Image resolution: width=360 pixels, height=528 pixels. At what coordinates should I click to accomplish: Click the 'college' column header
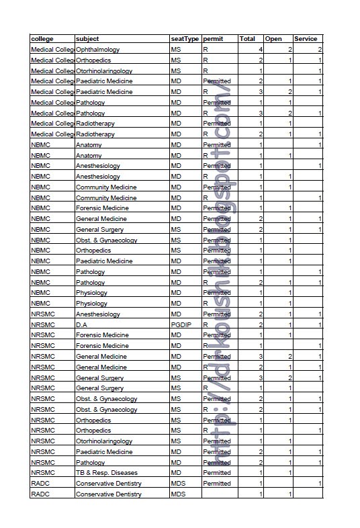coord(42,39)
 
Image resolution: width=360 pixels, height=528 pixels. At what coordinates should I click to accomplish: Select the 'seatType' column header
coord(185,39)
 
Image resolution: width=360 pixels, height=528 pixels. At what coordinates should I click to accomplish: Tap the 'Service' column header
coord(306,39)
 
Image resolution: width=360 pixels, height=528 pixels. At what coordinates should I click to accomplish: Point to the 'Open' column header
coord(273,39)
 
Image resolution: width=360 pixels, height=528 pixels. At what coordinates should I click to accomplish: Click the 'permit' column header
coord(214,39)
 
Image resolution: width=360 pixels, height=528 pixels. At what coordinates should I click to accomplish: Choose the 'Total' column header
coord(248,39)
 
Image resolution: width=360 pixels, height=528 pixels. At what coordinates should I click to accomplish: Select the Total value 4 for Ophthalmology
coord(260,50)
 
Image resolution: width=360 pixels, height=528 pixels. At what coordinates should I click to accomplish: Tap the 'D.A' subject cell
coord(83,324)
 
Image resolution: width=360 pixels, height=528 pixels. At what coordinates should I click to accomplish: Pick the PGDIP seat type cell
coord(181,324)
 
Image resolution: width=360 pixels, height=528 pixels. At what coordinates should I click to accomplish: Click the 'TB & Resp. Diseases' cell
coord(107,473)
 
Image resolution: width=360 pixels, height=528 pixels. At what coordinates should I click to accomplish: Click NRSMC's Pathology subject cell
coord(91,462)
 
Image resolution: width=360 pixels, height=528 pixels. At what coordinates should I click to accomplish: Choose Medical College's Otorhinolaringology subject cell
coord(104,71)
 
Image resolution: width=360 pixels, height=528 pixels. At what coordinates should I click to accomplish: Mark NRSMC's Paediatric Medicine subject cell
coord(104,451)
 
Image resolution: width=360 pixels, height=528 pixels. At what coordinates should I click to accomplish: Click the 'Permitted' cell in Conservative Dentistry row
coord(216,483)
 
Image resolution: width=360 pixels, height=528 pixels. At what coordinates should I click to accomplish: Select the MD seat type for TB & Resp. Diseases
coord(177,473)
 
